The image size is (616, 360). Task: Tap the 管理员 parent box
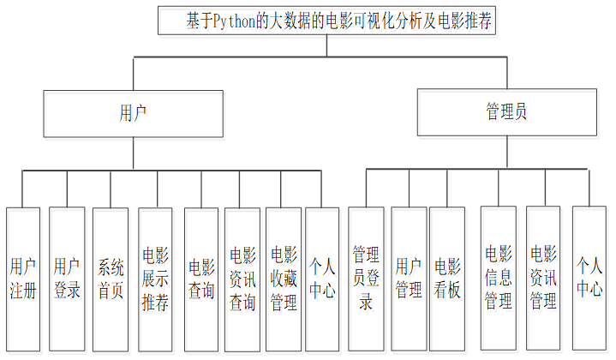click(x=506, y=113)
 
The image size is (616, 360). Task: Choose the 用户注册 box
click(x=23, y=279)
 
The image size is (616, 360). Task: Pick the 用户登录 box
click(x=67, y=279)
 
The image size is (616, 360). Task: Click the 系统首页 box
click(x=111, y=279)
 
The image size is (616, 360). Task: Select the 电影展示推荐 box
click(x=156, y=279)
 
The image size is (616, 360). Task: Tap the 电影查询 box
click(x=201, y=279)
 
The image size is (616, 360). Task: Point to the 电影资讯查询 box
click(x=242, y=279)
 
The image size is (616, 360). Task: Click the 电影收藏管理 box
click(x=284, y=279)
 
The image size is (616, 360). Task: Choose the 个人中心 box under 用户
click(x=322, y=279)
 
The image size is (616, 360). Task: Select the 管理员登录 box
click(x=366, y=279)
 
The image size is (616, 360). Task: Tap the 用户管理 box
click(x=409, y=279)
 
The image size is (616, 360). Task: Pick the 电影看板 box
click(x=447, y=279)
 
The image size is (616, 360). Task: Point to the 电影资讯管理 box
click(x=543, y=279)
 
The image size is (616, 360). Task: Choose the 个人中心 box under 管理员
click(x=589, y=279)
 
